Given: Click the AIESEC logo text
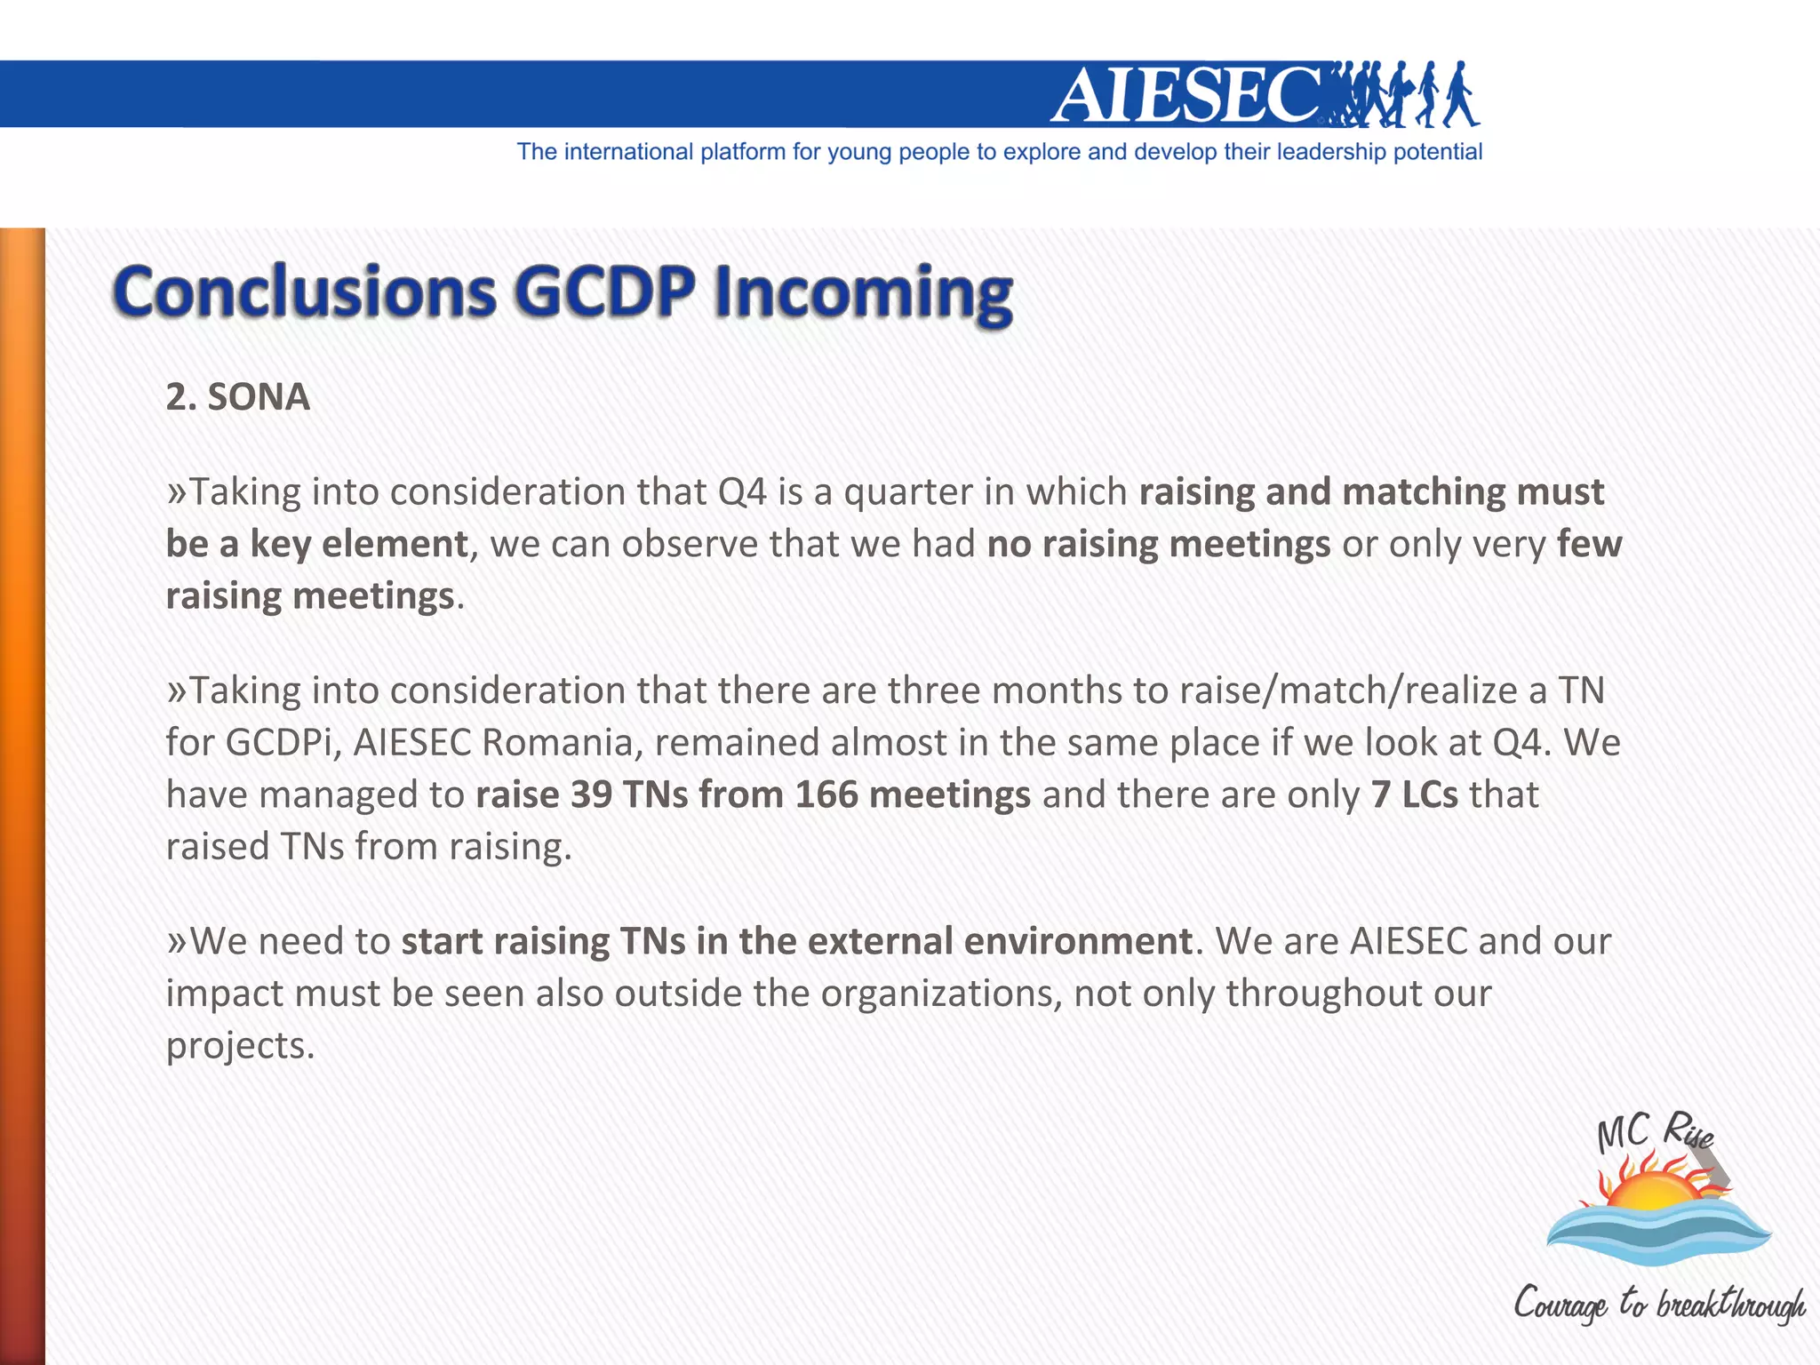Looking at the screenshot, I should point(1186,95).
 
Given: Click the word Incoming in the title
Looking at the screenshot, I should point(862,293).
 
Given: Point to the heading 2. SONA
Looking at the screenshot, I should point(238,396).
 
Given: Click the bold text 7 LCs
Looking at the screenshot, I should point(1414,794).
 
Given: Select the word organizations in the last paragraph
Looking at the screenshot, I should point(940,994).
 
